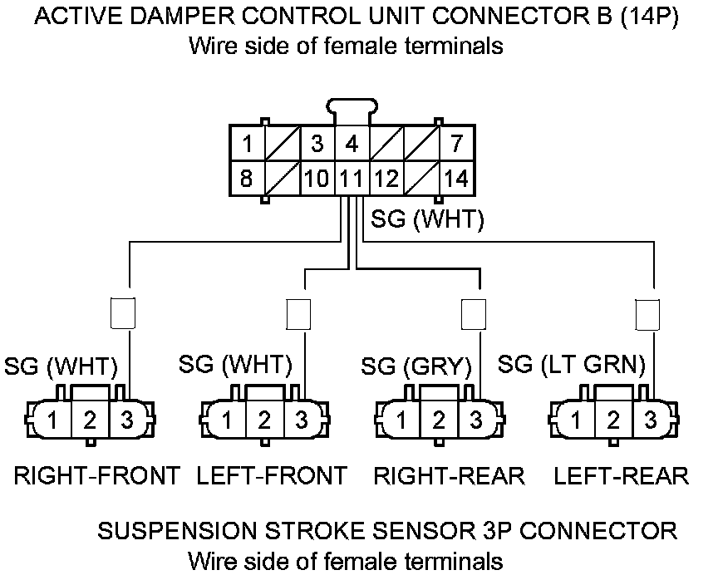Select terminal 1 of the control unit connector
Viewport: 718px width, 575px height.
[x=247, y=144]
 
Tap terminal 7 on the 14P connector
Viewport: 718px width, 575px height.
[x=456, y=144]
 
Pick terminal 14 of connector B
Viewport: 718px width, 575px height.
[x=456, y=177]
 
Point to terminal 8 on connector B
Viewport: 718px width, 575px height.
[x=247, y=177]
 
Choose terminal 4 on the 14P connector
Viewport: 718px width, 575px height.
[x=352, y=144]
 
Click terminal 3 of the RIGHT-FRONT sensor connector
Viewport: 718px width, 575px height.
[x=126, y=420]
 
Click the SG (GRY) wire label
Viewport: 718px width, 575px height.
[x=416, y=366]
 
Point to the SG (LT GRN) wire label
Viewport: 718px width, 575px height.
[x=571, y=365]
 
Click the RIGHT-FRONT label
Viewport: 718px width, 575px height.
[x=96, y=476]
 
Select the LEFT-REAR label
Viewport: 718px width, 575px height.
[x=621, y=476]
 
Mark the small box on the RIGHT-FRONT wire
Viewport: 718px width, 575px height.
[x=123, y=313]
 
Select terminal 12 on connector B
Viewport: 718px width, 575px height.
[x=386, y=177]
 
